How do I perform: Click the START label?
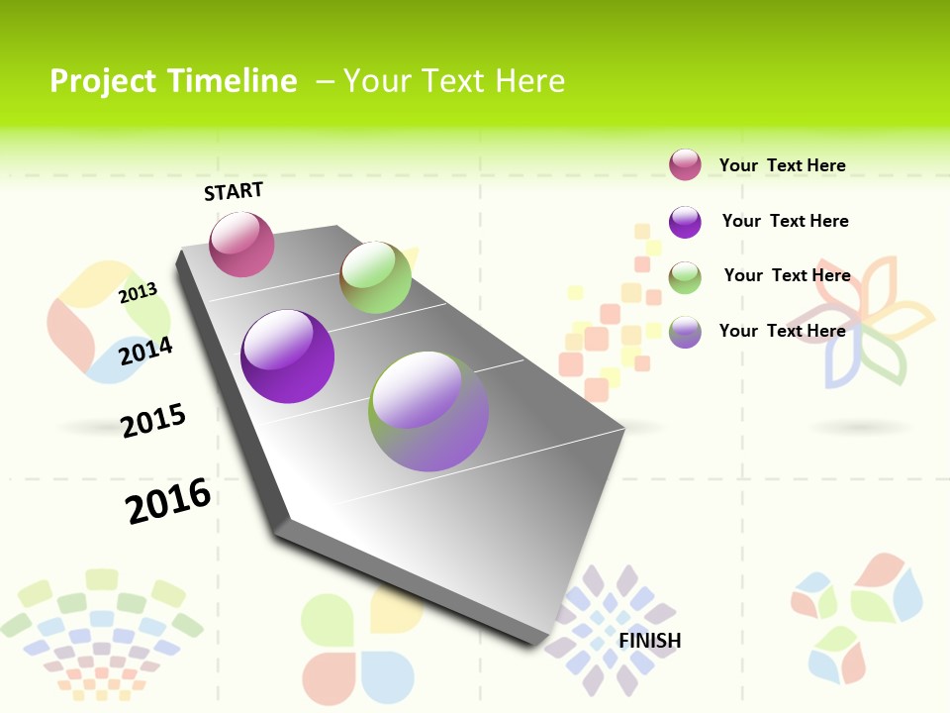[234, 191]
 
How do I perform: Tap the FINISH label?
[650, 641]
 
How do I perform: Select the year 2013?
[138, 292]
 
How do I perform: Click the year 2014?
[145, 351]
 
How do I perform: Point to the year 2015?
[153, 421]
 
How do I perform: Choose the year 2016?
[168, 501]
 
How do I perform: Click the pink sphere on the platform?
[241, 244]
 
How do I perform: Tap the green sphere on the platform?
[375, 276]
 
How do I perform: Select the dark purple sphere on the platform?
[287, 356]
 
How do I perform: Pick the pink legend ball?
[685, 164]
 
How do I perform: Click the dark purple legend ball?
[685, 222]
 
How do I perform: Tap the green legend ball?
[685, 277]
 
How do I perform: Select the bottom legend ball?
[685, 332]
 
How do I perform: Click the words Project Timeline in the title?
[173, 81]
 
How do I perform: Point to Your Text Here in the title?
[453, 81]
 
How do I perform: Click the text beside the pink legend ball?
[782, 165]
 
